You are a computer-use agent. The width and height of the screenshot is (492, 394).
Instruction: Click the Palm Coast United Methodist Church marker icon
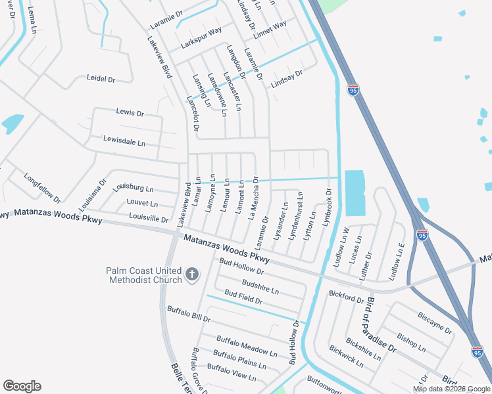(x=191, y=274)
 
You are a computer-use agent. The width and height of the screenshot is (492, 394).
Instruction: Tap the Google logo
(x=22, y=386)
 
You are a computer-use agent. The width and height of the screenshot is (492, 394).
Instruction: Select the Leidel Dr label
(x=101, y=79)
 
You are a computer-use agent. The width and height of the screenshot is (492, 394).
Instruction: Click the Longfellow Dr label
(x=42, y=188)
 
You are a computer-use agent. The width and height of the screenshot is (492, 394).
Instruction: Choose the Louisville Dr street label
(x=149, y=218)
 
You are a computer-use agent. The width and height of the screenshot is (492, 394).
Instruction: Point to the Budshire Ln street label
(x=260, y=286)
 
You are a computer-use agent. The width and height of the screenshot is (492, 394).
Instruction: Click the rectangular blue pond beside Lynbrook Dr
(x=354, y=193)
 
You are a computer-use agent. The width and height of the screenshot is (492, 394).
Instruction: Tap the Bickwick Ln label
(x=346, y=357)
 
